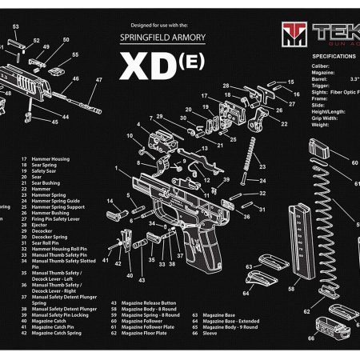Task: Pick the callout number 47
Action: pos(99,80)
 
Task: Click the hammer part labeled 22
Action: pos(264,114)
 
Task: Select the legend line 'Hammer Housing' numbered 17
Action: pos(50,160)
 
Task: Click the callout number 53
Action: pos(15,27)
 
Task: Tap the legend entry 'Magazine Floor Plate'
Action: pos(149,335)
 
